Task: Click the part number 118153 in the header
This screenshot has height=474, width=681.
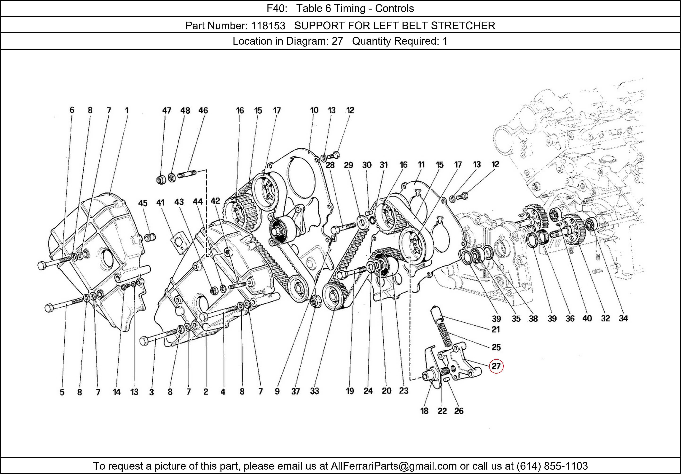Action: pos(268,26)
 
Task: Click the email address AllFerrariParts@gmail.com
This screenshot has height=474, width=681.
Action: pos(394,466)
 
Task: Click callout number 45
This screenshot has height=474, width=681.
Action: pos(143,203)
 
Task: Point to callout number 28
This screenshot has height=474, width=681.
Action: pos(330,165)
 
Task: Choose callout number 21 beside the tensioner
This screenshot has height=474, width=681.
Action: pos(496,329)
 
